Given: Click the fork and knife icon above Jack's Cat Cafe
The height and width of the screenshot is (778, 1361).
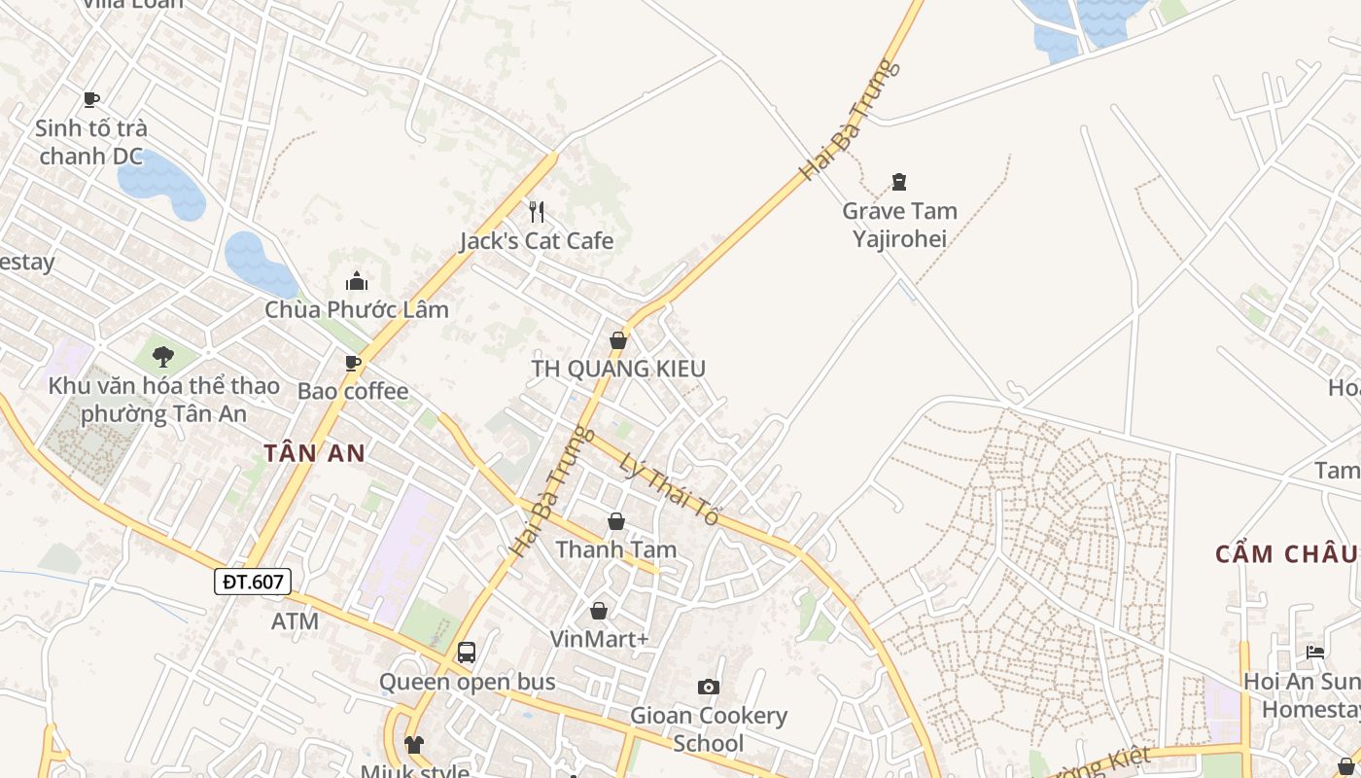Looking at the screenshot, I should (536, 211).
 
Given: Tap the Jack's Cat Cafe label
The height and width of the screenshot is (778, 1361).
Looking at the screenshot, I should (537, 241).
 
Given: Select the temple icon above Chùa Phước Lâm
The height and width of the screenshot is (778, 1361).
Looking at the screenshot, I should (357, 282).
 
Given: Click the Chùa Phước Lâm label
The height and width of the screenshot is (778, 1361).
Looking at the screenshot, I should (357, 310).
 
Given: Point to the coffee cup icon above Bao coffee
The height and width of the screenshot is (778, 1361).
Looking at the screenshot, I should (353, 363).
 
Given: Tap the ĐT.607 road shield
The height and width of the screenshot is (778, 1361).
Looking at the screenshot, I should (253, 582).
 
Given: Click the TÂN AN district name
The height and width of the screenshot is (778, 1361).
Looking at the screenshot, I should (314, 452).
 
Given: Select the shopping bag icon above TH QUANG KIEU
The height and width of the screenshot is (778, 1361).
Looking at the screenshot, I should (617, 340).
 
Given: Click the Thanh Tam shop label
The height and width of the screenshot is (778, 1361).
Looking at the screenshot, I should (615, 550).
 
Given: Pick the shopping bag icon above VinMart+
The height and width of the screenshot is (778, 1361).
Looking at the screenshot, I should (599, 611).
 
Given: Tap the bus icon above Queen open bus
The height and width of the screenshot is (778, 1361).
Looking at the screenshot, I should (467, 652).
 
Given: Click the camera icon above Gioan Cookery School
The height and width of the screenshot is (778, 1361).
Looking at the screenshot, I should (709, 688).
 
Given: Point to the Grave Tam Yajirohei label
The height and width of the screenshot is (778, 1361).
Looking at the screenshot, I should (899, 225).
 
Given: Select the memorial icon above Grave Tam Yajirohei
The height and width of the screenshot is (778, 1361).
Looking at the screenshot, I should (899, 182).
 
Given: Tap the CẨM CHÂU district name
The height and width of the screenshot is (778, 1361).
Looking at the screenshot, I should (1285, 554).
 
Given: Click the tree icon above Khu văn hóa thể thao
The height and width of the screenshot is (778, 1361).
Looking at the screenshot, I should (163, 356).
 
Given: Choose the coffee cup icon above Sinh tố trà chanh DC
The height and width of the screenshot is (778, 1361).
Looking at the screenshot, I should (91, 99).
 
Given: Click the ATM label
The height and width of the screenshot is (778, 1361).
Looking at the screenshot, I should (295, 621).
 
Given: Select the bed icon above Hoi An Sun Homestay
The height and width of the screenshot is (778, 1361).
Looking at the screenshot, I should (1315, 652).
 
